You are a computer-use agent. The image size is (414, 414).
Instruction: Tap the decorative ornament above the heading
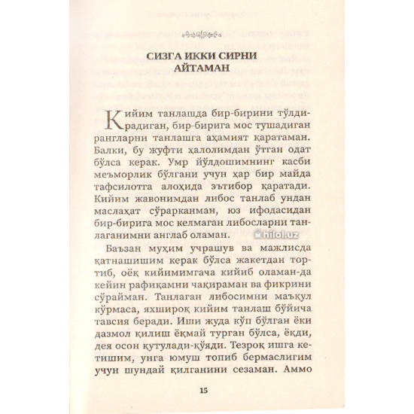click(205, 33)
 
